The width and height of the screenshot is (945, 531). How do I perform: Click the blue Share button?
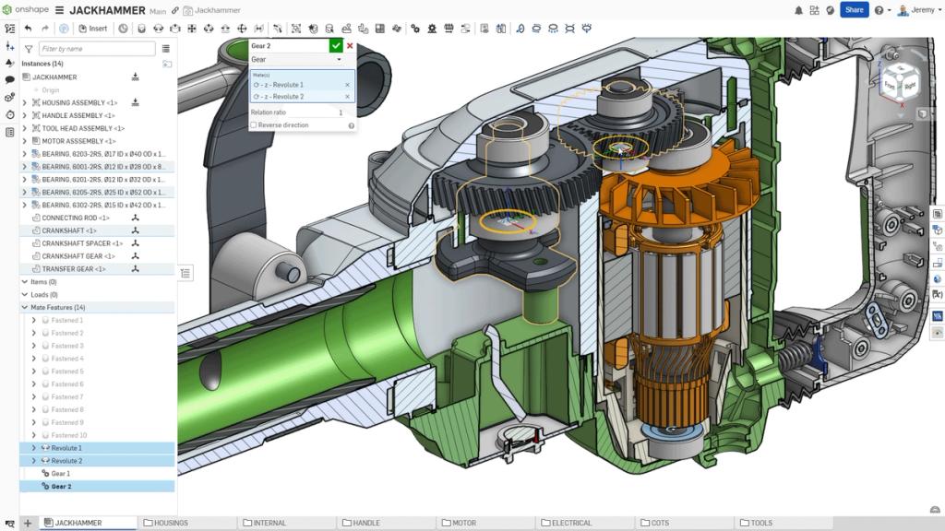(x=854, y=10)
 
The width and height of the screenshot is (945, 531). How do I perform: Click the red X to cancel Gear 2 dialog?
(x=350, y=45)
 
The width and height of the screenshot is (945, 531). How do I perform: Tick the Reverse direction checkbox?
(x=254, y=124)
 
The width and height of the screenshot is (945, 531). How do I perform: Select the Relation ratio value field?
(x=314, y=112)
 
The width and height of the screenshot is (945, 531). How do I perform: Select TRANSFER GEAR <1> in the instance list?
(x=74, y=268)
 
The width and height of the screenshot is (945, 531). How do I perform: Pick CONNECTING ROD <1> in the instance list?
(x=75, y=218)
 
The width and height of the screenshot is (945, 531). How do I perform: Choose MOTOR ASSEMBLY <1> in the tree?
(x=79, y=141)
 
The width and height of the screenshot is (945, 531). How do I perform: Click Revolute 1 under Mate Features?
(x=66, y=447)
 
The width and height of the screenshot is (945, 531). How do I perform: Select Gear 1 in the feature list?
(x=61, y=473)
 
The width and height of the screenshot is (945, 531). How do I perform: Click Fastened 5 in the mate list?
(x=67, y=371)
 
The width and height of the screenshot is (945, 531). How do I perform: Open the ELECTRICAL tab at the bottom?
(x=571, y=523)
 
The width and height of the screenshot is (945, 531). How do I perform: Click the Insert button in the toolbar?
(x=93, y=29)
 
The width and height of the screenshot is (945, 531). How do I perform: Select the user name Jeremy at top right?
(x=922, y=10)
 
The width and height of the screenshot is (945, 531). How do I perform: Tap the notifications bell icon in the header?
(x=798, y=10)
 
